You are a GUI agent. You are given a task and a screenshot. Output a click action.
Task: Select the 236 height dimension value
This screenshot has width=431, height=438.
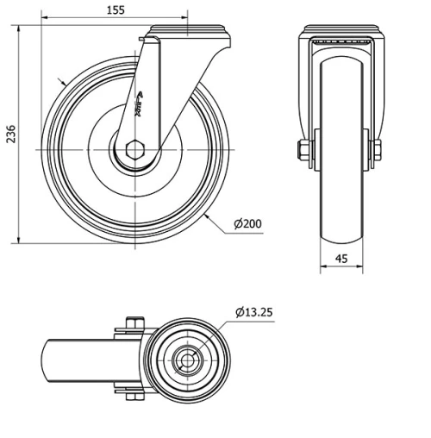coord(9,135)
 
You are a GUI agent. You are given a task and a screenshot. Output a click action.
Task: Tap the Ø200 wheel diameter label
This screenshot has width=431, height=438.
coord(247,224)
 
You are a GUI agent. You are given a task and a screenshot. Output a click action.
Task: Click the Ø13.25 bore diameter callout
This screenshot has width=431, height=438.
coord(253,311)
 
